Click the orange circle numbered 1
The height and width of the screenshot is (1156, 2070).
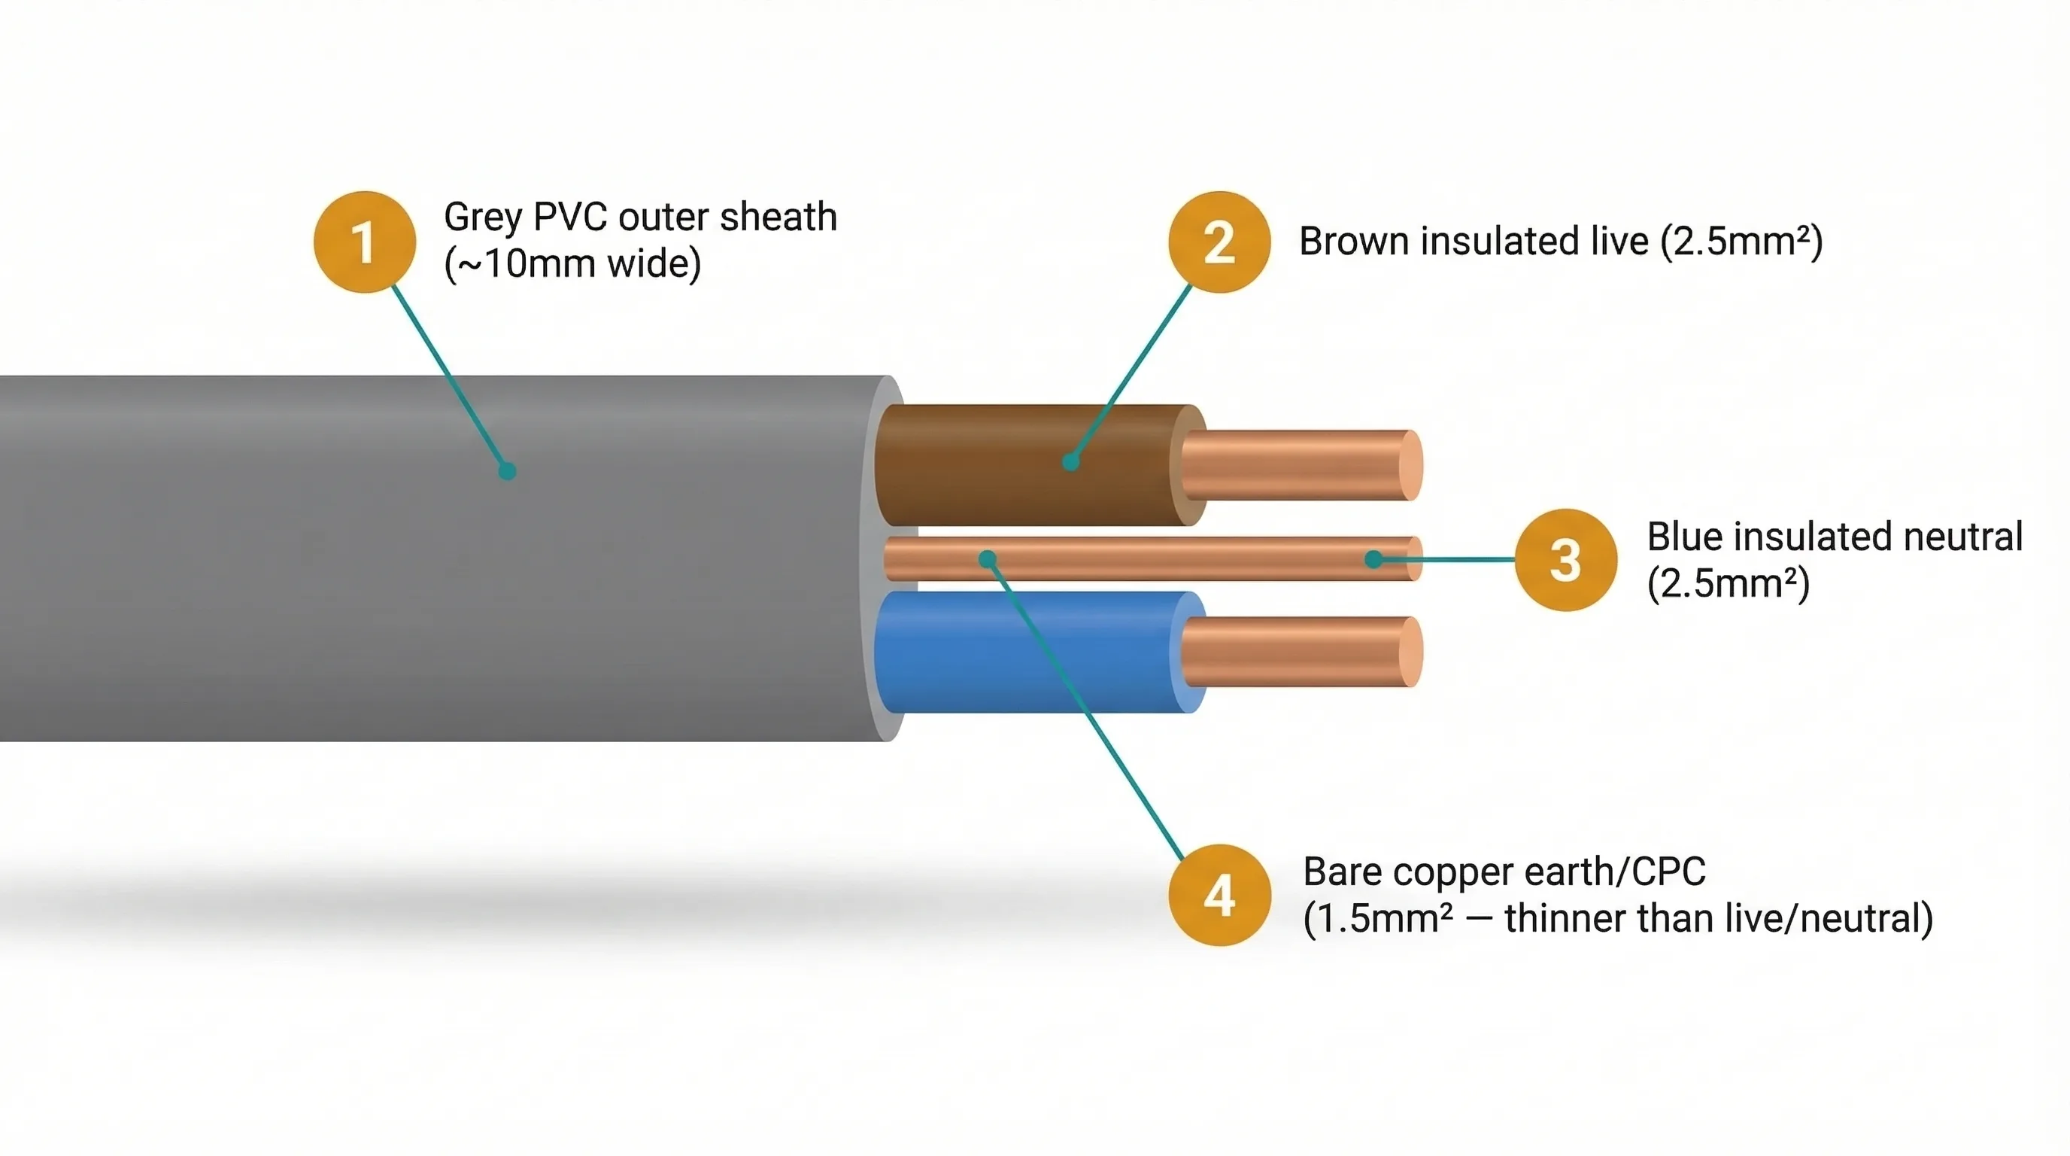365,242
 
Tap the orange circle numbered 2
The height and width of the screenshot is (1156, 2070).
1219,242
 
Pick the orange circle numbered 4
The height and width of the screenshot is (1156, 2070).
1219,895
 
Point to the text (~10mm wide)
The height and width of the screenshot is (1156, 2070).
572,263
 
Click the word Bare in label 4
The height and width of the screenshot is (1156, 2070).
1342,872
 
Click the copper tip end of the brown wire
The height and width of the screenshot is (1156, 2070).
1410,465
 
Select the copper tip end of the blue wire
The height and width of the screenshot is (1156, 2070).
1410,652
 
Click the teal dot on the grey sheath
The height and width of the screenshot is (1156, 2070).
507,471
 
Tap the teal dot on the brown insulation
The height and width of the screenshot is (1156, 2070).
1070,462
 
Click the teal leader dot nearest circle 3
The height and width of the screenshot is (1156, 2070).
1374,558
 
